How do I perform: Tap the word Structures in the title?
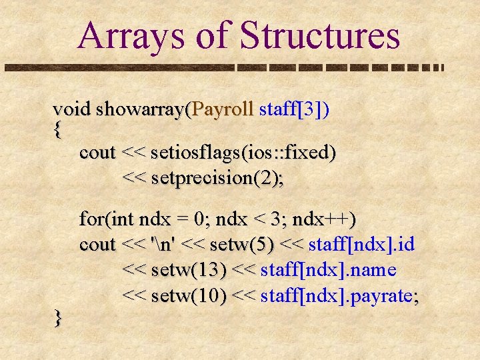[x=319, y=36]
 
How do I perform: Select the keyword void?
[x=72, y=109]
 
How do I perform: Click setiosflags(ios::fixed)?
[x=243, y=153]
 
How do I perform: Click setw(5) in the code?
[x=241, y=245]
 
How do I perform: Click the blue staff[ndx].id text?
[x=363, y=245]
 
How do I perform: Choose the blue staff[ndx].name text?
[x=329, y=270]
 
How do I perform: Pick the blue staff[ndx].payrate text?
[x=339, y=295]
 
